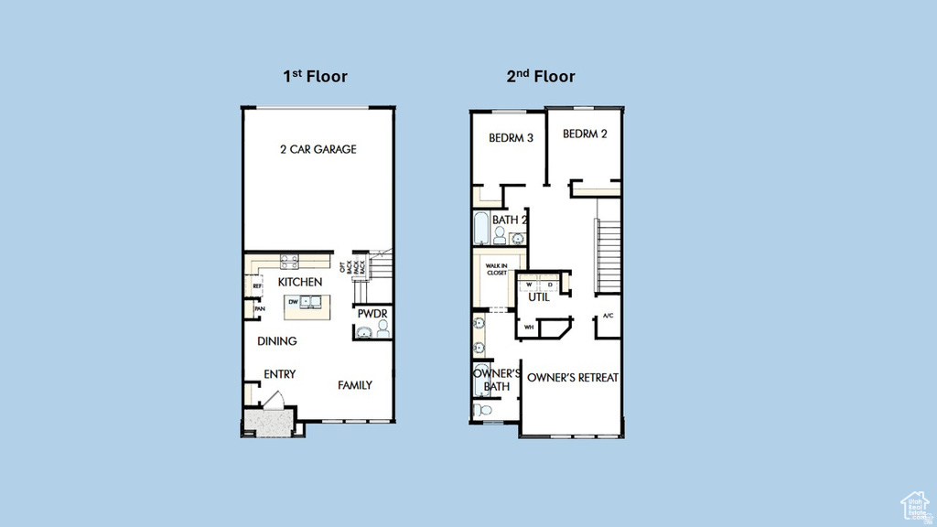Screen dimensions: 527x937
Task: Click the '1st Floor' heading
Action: [x=315, y=76]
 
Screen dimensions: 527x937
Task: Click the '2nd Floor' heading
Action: [x=541, y=76]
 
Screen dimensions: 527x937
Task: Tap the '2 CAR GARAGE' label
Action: [x=318, y=149]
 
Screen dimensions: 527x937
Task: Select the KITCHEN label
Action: [x=300, y=283]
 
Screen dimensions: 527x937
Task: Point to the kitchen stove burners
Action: [x=289, y=260]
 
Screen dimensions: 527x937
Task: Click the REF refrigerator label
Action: [x=258, y=286]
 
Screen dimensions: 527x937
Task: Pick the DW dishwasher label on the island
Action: [x=293, y=301]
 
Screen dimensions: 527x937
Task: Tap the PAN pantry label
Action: [x=260, y=309]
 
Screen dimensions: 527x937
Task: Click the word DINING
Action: [x=276, y=341]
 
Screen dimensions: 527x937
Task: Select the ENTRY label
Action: [x=279, y=374]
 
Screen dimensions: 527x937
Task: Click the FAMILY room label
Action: [x=354, y=385]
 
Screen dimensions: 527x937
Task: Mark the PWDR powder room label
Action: [x=372, y=314]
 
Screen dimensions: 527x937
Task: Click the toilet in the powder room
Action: [x=382, y=328]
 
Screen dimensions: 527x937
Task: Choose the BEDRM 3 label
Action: [x=511, y=138]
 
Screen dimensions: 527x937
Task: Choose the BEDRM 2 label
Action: [x=585, y=134]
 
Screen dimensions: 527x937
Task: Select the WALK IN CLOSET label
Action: [x=496, y=269]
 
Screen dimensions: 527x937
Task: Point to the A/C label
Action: [x=608, y=317]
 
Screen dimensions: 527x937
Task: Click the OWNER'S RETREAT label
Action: [x=573, y=377]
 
